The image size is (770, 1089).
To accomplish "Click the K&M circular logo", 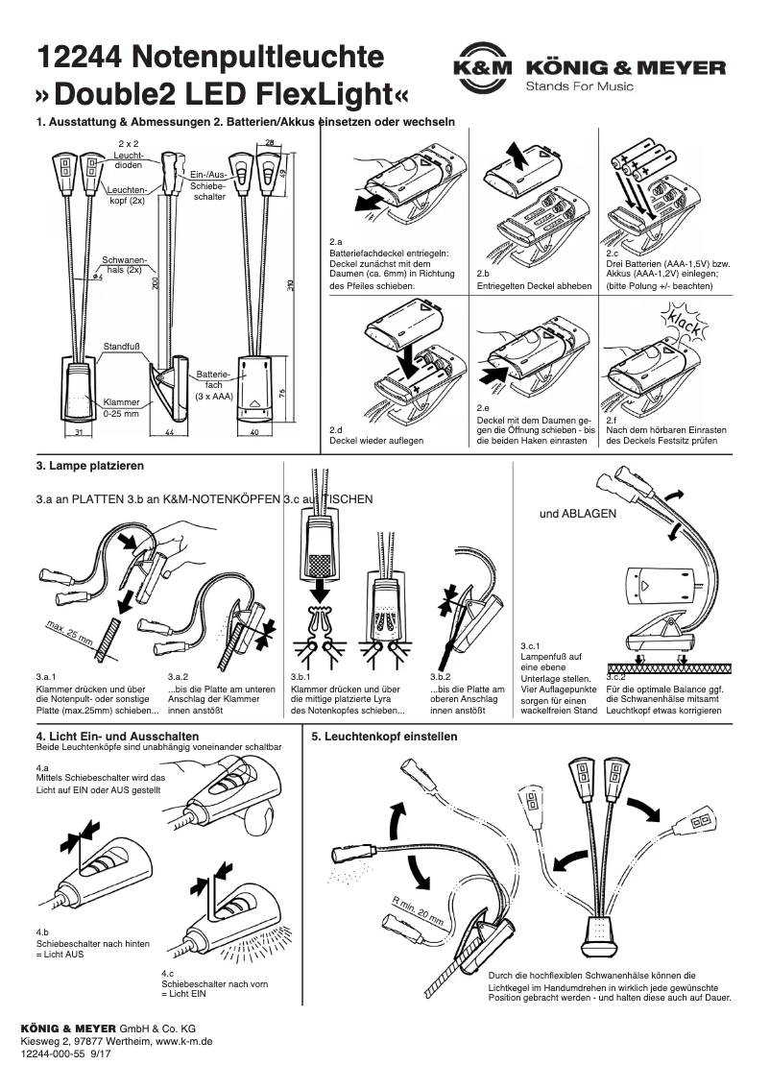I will click(482, 68).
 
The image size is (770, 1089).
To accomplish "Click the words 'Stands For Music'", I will click(579, 87).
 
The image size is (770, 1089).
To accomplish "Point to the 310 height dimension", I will click(289, 285).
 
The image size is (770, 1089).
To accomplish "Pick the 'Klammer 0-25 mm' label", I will click(122, 408).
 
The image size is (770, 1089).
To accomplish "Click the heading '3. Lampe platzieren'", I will click(89, 466).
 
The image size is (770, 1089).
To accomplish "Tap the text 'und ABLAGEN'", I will click(578, 514).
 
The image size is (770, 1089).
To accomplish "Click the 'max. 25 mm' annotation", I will click(69, 634).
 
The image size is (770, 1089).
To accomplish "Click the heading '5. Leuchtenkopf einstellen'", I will click(385, 737).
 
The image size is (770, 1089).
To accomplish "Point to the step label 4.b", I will click(42, 932).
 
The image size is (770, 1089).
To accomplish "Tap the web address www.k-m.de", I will click(184, 1041).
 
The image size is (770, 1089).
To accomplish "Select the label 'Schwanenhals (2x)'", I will click(124, 265).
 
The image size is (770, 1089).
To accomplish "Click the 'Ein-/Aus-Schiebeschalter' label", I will click(208, 183).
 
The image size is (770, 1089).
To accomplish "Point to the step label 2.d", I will click(336, 428).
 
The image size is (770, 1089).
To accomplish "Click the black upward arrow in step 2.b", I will click(516, 153).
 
